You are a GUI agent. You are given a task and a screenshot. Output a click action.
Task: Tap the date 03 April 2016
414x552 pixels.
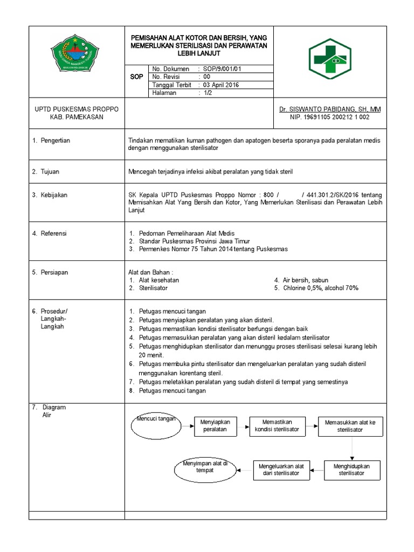220,85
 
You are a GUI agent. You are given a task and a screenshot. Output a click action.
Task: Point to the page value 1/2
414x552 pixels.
208,93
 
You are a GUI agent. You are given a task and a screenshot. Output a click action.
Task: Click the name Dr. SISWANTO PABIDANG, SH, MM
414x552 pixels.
330,109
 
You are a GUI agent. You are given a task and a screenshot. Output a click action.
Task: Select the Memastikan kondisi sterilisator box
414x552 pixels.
277,425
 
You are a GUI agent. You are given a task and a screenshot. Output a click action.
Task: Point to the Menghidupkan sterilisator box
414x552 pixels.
351,469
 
